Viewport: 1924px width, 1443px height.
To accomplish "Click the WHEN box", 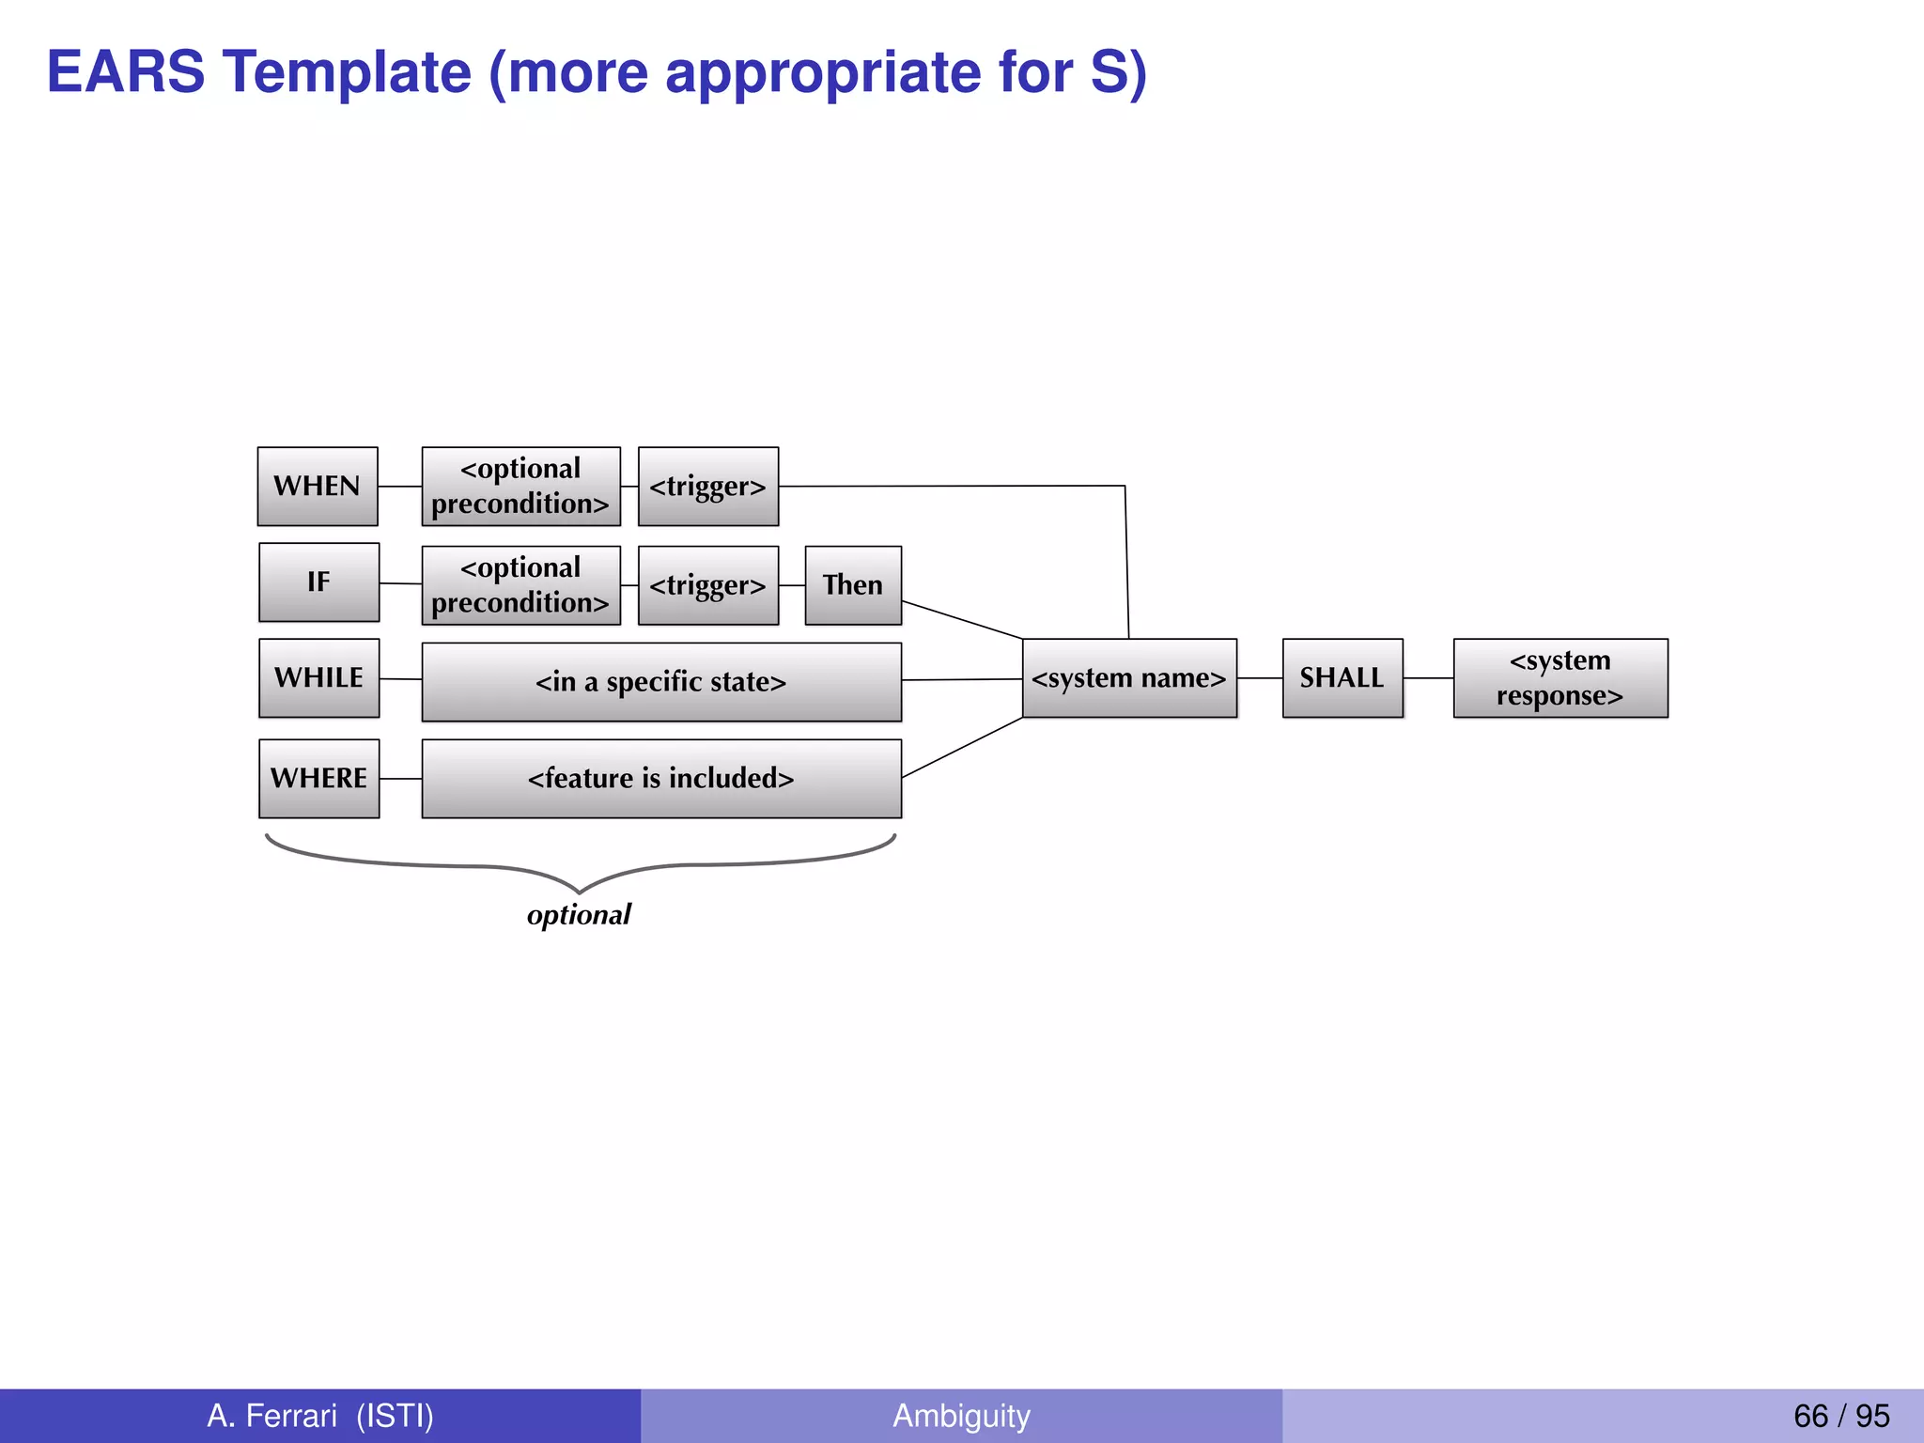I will click(318, 486).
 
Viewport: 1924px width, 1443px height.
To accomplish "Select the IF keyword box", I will click(318, 582).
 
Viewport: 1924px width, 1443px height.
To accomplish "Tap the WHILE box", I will click(318, 677).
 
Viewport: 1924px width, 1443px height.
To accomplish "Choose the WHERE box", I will click(318, 778).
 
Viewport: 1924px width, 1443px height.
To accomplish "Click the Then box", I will click(853, 584).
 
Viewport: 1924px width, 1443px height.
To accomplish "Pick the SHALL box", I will click(1342, 677).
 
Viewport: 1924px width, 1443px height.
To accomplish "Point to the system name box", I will click(1129, 677).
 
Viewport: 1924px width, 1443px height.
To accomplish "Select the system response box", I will click(1559, 677).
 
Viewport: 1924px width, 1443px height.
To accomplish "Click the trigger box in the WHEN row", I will click(707, 486).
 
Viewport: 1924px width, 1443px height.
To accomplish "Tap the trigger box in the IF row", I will click(707, 584).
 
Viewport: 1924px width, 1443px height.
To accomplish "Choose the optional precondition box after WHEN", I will click(520, 486).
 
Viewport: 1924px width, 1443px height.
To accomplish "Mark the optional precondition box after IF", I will click(520, 584).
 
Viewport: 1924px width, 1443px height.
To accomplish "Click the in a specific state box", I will click(660, 681).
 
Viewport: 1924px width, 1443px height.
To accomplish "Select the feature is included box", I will click(660, 778).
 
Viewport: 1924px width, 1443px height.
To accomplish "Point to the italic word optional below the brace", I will click(579, 914).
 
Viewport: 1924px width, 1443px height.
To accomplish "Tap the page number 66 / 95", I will click(1840, 1415).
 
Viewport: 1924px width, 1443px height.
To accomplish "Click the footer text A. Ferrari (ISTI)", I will click(320, 1415).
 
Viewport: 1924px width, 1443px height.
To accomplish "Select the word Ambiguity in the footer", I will click(961, 1415).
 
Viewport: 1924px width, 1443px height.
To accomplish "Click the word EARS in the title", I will click(126, 71).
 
